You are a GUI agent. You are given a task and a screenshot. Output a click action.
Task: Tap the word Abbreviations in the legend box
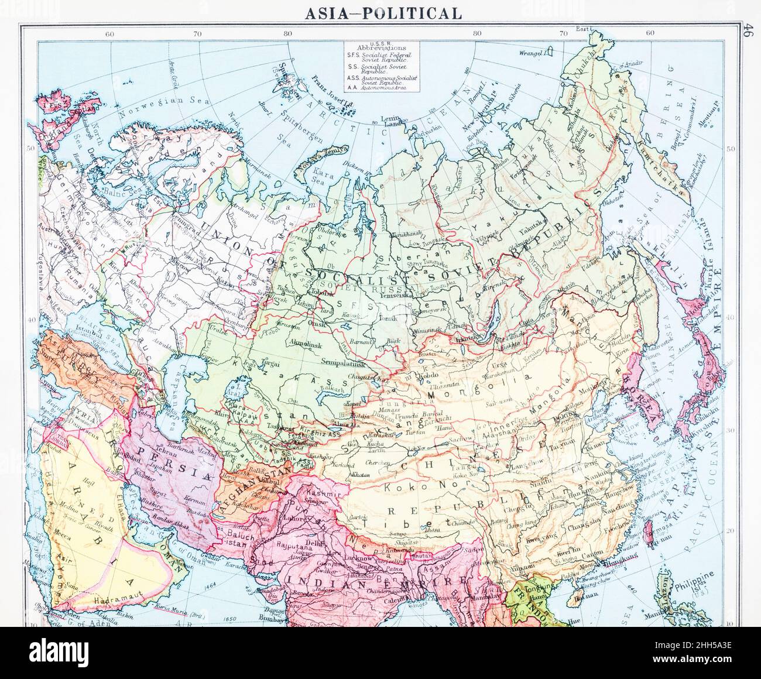pyautogui.click(x=385, y=47)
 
